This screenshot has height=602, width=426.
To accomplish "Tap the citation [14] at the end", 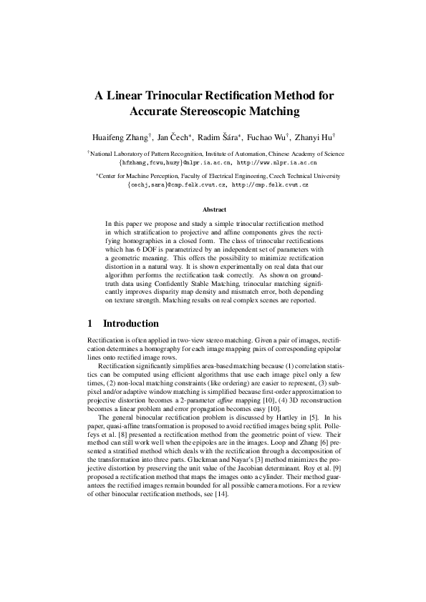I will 221,495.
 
